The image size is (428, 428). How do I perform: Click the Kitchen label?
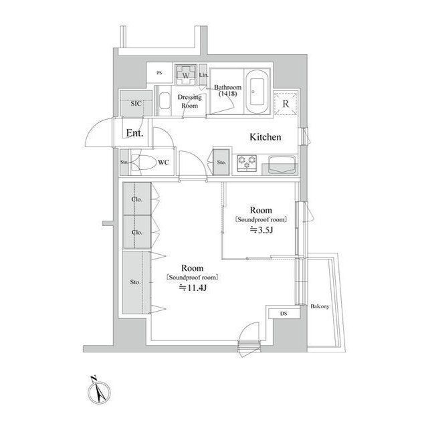(265, 137)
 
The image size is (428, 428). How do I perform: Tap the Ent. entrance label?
(134, 133)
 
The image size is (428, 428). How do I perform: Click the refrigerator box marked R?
(286, 103)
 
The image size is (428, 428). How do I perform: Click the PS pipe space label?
(159, 73)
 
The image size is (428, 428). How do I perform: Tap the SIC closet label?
(135, 104)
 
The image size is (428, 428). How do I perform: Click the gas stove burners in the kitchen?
(247, 162)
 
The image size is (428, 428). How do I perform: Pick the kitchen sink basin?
(280, 162)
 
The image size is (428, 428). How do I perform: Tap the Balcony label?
(320, 306)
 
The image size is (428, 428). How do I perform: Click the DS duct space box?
(283, 313)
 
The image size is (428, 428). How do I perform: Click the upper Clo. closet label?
(136, 199)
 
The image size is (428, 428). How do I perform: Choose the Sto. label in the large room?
(134, 282)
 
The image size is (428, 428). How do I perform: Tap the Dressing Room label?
(189, 101)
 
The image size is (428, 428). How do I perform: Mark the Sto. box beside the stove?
(221, 161)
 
